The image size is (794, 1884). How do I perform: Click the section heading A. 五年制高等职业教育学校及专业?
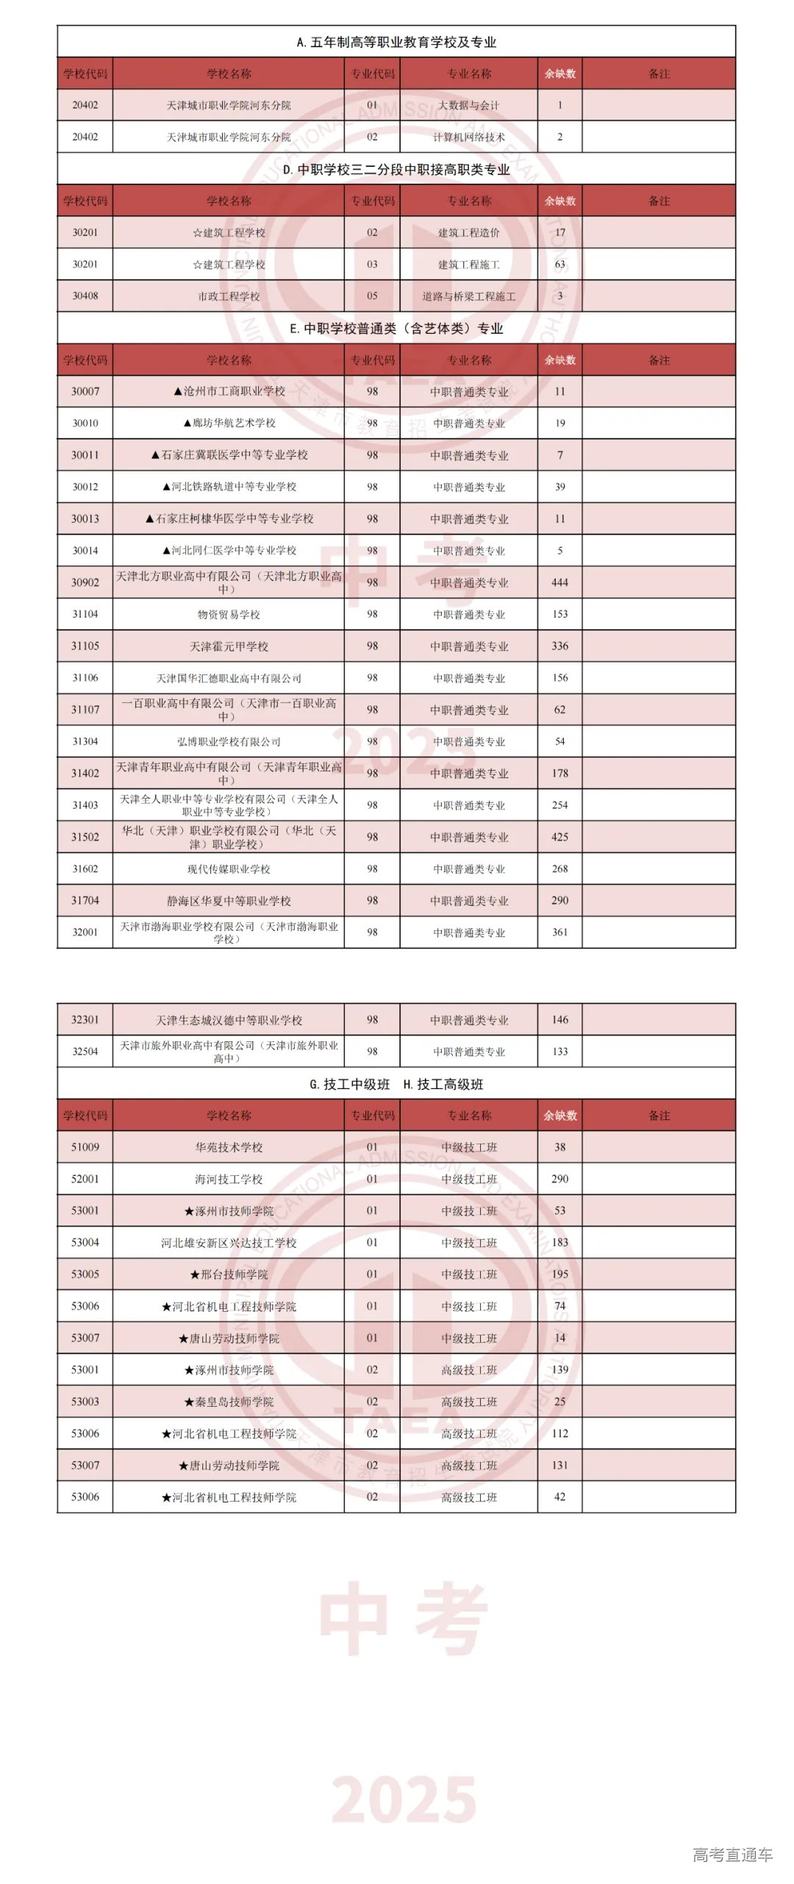396,42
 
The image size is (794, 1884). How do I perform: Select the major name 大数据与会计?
468,105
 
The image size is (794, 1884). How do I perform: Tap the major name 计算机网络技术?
468,137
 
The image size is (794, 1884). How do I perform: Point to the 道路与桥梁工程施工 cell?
468,296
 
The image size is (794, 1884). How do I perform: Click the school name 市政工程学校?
229,296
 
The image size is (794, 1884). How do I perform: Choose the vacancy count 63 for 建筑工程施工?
559,264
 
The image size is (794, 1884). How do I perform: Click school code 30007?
85,391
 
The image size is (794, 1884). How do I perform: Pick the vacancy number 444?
559,582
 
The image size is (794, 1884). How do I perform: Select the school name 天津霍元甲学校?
229,646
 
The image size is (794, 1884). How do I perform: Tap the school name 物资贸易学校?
229,614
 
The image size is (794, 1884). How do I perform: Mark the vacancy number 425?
559,837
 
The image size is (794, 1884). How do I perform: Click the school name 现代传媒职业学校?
229,869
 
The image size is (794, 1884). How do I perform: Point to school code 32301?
85,1020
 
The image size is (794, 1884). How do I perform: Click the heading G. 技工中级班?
350,1084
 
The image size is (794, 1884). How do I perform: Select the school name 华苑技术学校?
229,1147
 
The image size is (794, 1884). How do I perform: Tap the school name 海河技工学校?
229,1179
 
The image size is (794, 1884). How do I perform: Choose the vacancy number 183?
559,1242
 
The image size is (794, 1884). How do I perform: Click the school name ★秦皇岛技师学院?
229,1402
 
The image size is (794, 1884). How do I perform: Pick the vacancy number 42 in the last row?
559,1496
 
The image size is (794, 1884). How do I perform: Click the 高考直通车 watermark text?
732,1854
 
